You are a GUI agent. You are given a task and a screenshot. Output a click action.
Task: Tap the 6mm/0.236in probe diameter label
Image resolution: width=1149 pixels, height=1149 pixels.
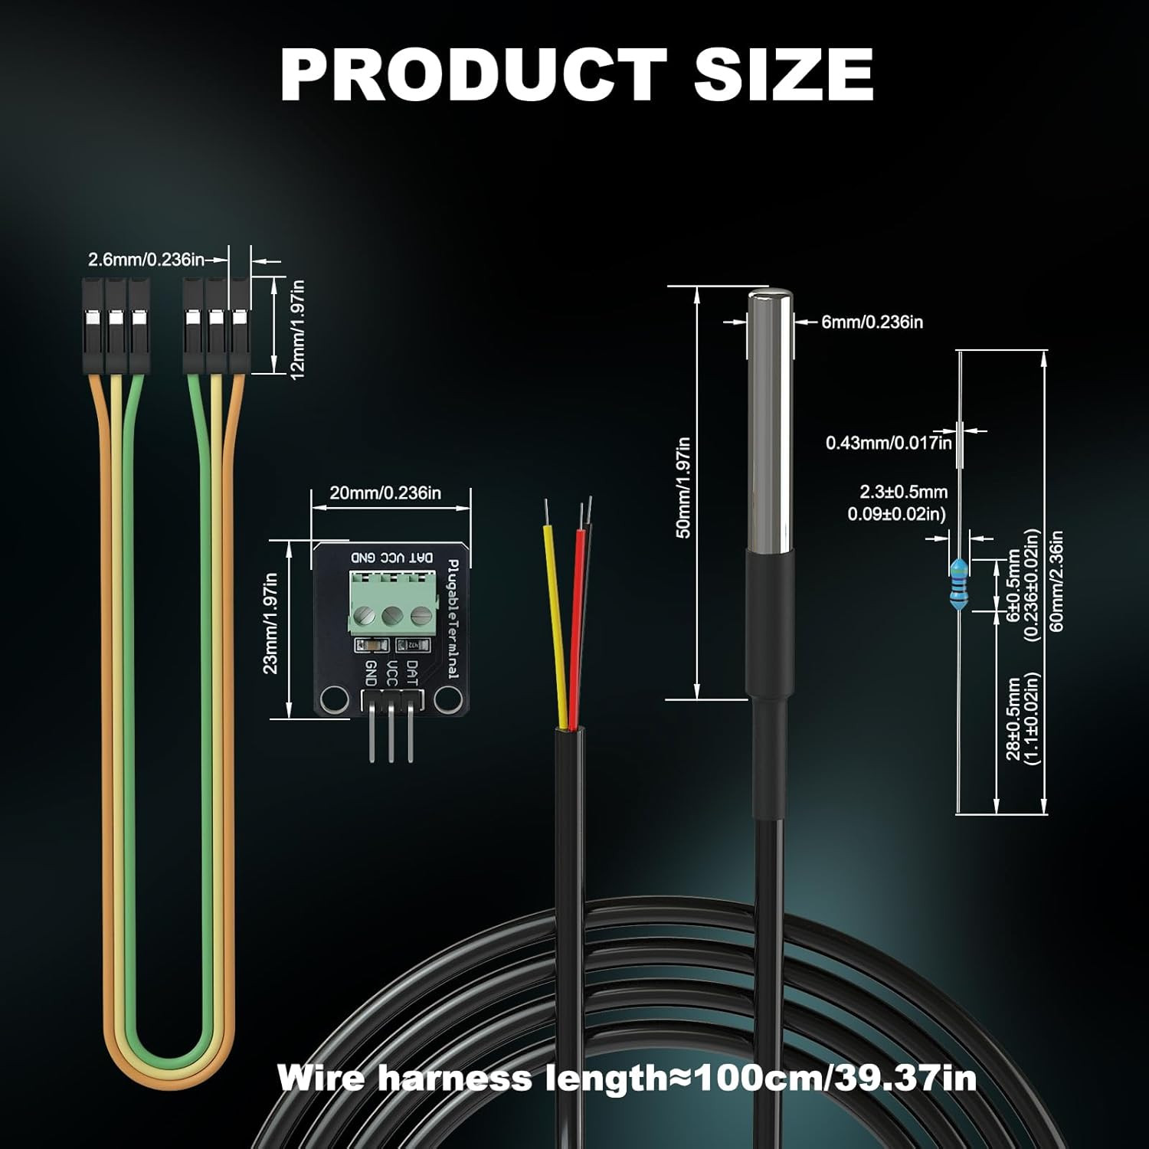[x=872, y=322]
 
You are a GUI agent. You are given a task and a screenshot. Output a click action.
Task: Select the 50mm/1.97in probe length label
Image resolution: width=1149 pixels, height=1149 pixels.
[x=683, y=487]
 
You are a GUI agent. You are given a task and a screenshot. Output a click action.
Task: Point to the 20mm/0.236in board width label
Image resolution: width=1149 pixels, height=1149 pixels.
[x=385, y=493]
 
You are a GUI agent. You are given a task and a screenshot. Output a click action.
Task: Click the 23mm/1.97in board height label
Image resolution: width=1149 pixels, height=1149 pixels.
[x=270, y=624]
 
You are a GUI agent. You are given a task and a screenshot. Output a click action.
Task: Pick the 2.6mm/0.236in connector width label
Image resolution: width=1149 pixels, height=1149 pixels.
[x=146, y=260]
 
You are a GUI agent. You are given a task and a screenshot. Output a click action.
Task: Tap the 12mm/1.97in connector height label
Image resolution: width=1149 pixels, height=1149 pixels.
[x=297, y=328]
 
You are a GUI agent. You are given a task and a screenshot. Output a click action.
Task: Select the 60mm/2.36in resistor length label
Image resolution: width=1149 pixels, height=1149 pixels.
[x=1058, y=581]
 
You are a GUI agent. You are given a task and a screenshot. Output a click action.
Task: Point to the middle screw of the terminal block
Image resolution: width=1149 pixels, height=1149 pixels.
[x=393, y=614]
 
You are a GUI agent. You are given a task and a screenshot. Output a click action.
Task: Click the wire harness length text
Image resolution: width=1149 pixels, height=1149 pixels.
[x=627, y=1078]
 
